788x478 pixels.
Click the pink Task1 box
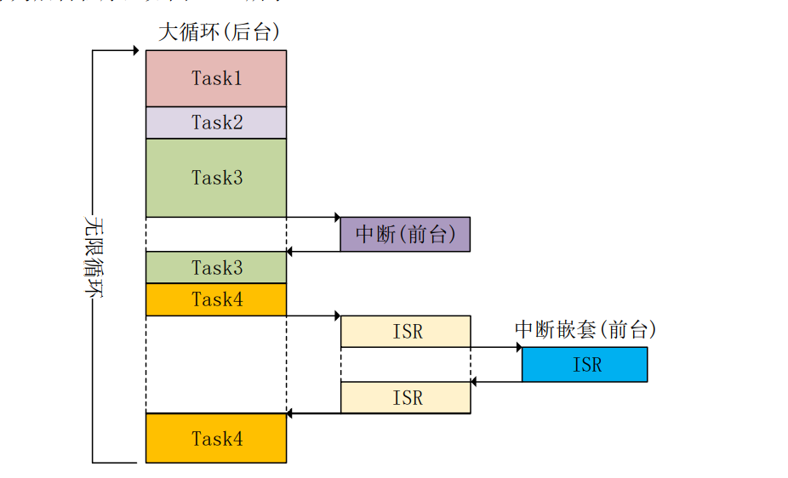(x=215, y=78)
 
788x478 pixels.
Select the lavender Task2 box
(x=215, y=122)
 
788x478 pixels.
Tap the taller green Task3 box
(x=215, y=178)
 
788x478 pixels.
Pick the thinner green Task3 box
(x=215, y=267)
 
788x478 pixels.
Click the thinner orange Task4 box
(x=215, y=299)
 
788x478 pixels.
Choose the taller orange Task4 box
(x=215, y=438)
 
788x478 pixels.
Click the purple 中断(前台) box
(x=405, y=234)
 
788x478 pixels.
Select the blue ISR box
(x=585, y=364)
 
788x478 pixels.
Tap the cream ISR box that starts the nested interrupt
(x=405, y=332)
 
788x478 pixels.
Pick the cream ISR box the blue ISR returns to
(x=405, y=397)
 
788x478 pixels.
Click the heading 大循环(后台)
(x=219, y=32)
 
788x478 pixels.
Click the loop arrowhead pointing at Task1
(x=134, y=51)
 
